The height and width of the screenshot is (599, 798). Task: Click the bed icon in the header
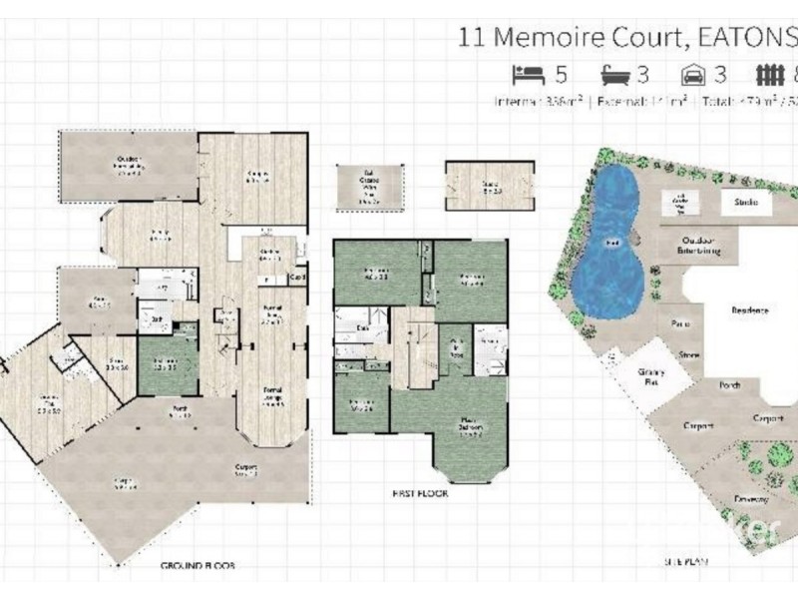(526, 73)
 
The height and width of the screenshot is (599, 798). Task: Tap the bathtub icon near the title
(611, 73)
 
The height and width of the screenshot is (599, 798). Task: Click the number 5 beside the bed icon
(561, 73)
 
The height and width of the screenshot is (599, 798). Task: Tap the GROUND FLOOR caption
(198, 565)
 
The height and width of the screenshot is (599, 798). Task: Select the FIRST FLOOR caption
(420, 493)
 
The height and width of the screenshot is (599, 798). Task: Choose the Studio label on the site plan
(747, 204)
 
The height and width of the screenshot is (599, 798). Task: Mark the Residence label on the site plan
(749, 310)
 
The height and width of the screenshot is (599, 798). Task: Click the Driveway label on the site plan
(750, 496)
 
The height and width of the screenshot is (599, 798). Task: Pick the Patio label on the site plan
(681, 323)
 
